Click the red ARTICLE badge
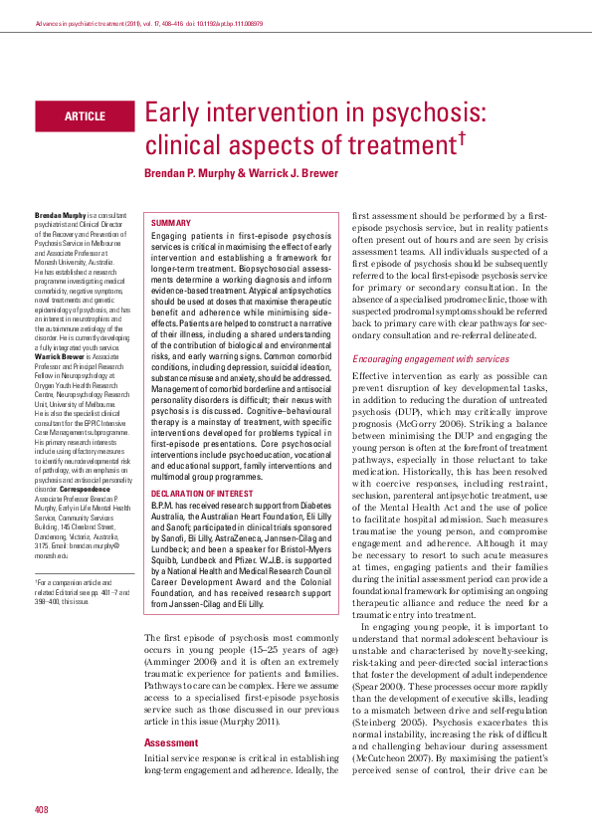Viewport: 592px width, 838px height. tap(84, 116)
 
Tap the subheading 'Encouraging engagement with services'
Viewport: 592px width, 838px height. tap(430, 358)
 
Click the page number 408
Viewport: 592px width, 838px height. tap(42, 808)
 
